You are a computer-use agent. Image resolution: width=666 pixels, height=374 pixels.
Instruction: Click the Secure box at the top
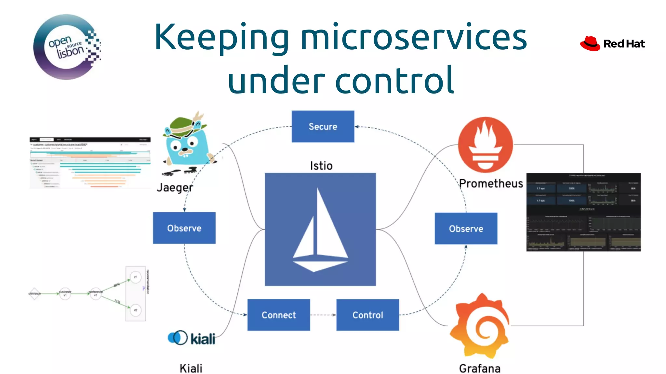coord(323,126)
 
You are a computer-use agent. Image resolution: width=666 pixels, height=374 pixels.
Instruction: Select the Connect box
coord(279,315)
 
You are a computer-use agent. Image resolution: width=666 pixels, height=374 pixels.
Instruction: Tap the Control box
coord(367,315)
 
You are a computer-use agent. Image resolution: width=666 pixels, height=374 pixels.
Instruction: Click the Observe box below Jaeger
coord(184,228)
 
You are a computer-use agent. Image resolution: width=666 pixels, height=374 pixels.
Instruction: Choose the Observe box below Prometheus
coord(466,228)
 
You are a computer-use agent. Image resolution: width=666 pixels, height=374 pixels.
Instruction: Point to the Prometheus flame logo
coord(485,145)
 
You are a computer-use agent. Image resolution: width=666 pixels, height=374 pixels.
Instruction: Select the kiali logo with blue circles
coord(191,338)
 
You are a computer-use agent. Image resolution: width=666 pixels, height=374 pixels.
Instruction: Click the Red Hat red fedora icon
coord(590,44)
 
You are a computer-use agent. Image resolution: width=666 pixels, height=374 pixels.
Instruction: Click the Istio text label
coord(321,166)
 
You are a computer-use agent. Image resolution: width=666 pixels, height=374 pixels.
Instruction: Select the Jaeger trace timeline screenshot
coord(90,163)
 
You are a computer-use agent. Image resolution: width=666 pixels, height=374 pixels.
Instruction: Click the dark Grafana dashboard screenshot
coord(583,212)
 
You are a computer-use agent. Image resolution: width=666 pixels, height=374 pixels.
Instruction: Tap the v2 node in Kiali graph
coord(136,310)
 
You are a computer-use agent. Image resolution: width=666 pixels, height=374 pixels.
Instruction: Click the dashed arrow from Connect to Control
coord(323,315)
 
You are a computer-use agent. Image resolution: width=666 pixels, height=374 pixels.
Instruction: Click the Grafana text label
coord(479,368)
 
